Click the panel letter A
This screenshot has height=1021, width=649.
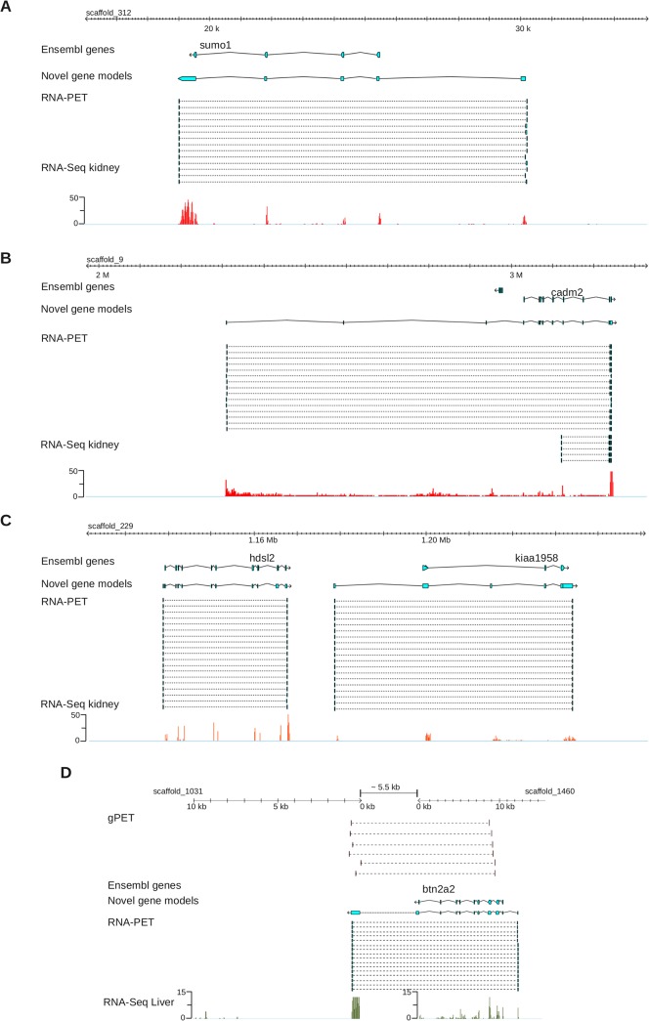click(x=7, y=7)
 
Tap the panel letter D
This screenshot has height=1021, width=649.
click(x=66, y=772)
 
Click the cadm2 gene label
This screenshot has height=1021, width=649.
click(x=566, y=291)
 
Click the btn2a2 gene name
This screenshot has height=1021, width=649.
click(x=438, y=889)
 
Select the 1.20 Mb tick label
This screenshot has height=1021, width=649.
click(x=435, y=540)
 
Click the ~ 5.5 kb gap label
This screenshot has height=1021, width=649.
click(x=388, y=787)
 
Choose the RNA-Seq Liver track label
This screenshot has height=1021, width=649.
click(x=141, y=1001)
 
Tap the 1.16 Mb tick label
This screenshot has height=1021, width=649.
click(x=262, y=540)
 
